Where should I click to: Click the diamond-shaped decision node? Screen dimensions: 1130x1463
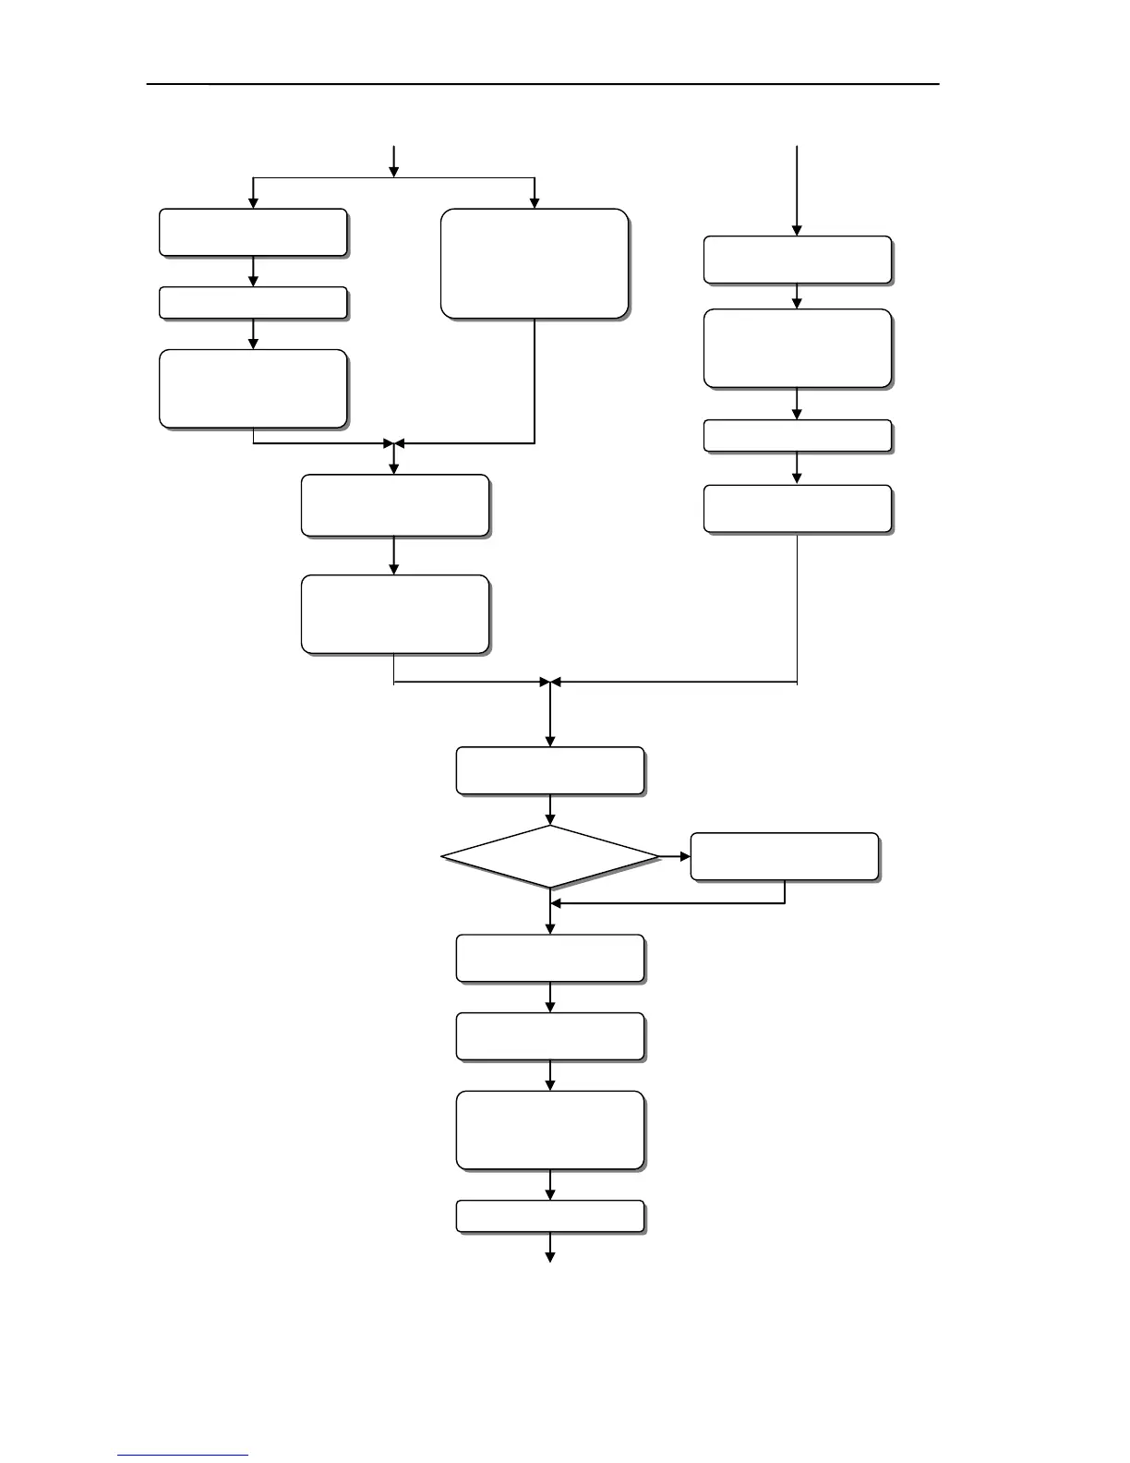coord(551,857)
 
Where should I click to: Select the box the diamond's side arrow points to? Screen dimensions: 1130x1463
coord(784,856)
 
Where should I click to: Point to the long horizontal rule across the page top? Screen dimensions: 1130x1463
coord(543,84)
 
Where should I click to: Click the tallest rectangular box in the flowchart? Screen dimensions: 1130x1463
coord(535,263)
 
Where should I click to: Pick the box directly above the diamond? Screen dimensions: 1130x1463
coord(550,770)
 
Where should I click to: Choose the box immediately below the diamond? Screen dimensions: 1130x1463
coord(550,958)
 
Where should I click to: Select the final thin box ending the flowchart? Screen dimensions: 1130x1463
coord(550,1216)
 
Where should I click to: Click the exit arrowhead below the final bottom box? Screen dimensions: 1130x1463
coord(550,1255)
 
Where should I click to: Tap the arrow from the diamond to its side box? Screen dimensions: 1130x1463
coord(676,857)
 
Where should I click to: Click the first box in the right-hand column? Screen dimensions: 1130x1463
coord(798,260)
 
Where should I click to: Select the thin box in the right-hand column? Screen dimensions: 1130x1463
coord(798,436)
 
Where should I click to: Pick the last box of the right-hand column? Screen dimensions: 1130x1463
coord(798,509)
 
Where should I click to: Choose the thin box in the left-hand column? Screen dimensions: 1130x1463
coord(253,303)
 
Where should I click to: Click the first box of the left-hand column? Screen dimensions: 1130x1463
coord(253,232)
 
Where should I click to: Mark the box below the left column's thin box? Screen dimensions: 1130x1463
coord(253,388)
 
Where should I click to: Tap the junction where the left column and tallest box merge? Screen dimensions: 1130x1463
coord(394,444)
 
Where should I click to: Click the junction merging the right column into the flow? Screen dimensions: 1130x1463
coord(550,683)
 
